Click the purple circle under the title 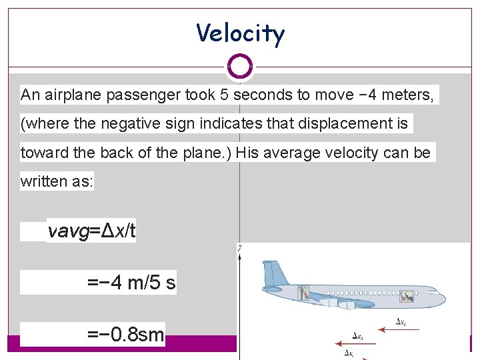click(x=240, y=66)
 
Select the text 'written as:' click(x=57, y=181)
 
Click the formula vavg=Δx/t click(x=92, y=231)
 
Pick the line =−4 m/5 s click(x=131, y=283)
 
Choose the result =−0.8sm click(x=125, y=334)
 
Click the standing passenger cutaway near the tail click(x=305, y=291)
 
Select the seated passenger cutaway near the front click(x=405, y=296)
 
